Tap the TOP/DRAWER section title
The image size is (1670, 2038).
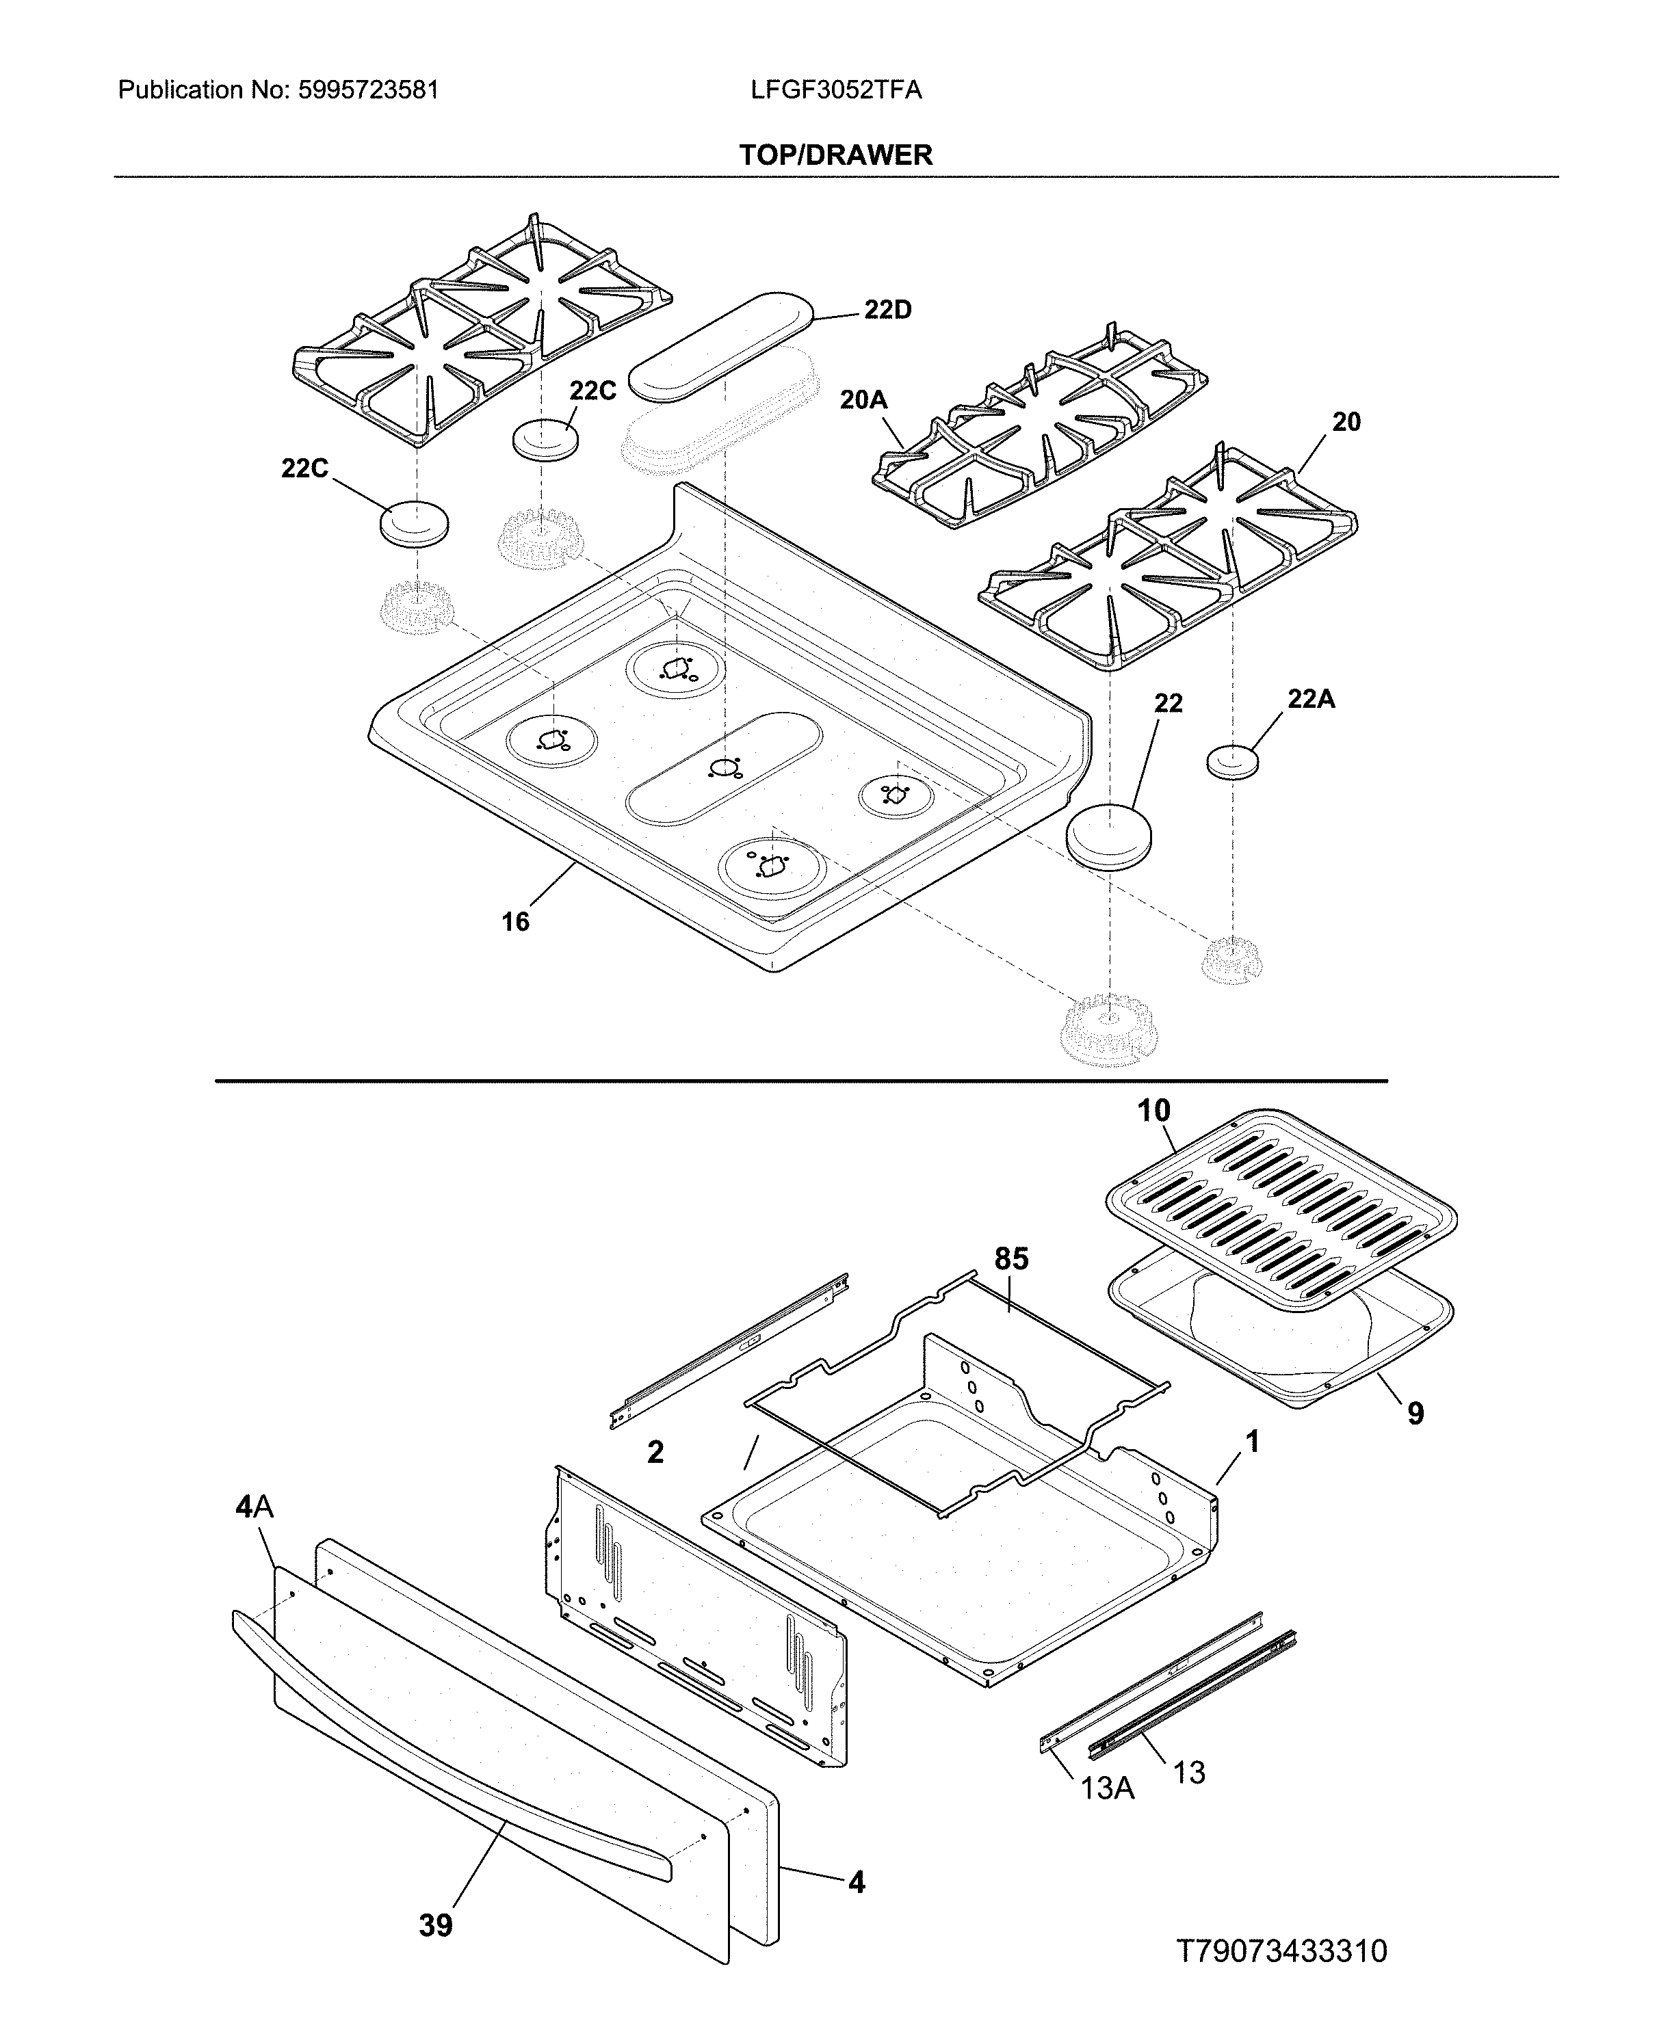point(835,155)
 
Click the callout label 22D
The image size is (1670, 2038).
point(887,310)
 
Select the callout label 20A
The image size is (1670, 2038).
point(863,399)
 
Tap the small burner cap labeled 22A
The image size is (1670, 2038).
point(1232,760)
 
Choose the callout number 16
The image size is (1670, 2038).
point(516,921)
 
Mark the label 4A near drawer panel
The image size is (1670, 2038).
point(255,1506)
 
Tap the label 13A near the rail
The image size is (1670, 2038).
point(1107,1787)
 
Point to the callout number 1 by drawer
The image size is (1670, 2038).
point(1251,1441)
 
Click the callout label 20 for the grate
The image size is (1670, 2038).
point(1346,421)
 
